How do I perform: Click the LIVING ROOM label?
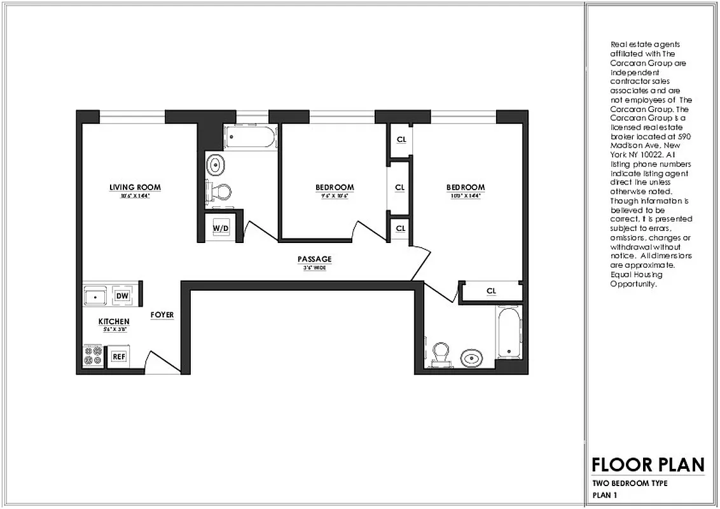135,187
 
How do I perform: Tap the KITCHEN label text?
114,322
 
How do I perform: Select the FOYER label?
162,315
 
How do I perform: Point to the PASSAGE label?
314,259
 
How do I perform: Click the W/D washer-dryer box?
220,228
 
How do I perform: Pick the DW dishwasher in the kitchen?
122,296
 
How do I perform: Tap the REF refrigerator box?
118,357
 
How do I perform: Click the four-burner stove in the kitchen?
93,356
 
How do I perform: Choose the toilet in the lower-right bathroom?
441,355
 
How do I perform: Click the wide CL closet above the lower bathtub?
491,291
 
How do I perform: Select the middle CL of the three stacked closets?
400,188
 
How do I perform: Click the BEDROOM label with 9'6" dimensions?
335,188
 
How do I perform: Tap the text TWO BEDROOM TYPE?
630,484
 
